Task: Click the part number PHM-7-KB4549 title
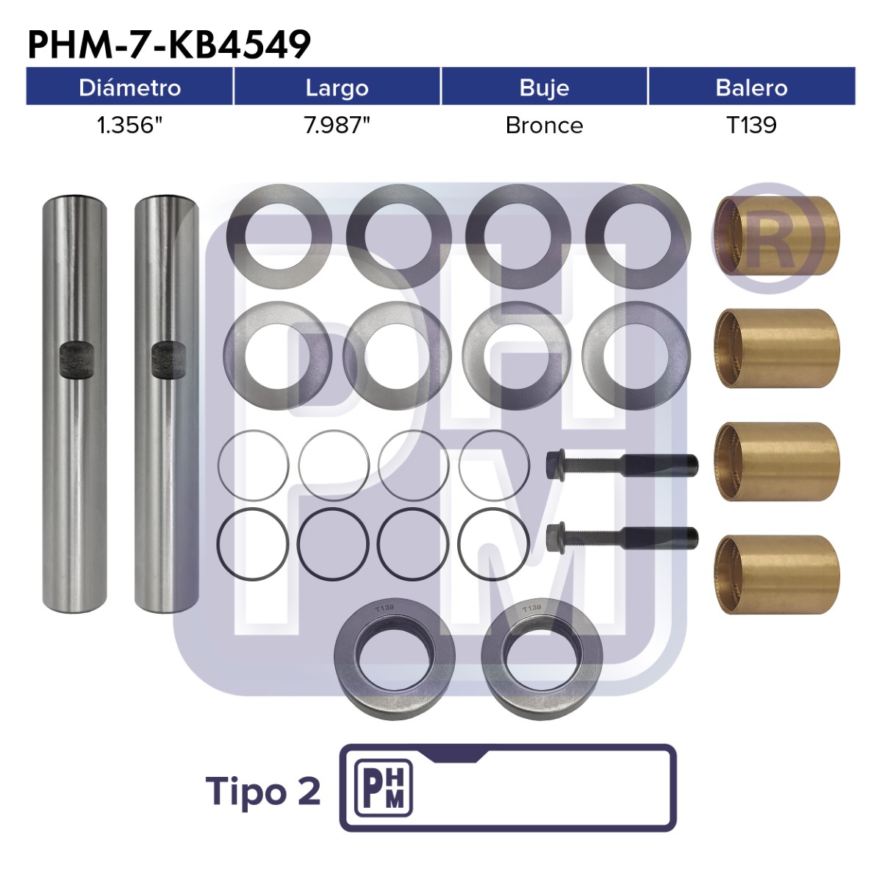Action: [169, 44]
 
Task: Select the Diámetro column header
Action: [129, 87]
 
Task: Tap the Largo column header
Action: [337, 88]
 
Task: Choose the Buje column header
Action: [544, 88]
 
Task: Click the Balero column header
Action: [752, 87]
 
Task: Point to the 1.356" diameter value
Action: [129, 125]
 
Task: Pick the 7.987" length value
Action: [337, 125]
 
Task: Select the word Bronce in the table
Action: [544, 126]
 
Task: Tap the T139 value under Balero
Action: [752, 126]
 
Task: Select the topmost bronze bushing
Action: [777, 236]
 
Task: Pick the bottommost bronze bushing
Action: [777, 575]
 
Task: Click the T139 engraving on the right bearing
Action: [531, 609]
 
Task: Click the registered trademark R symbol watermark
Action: [767, 238]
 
